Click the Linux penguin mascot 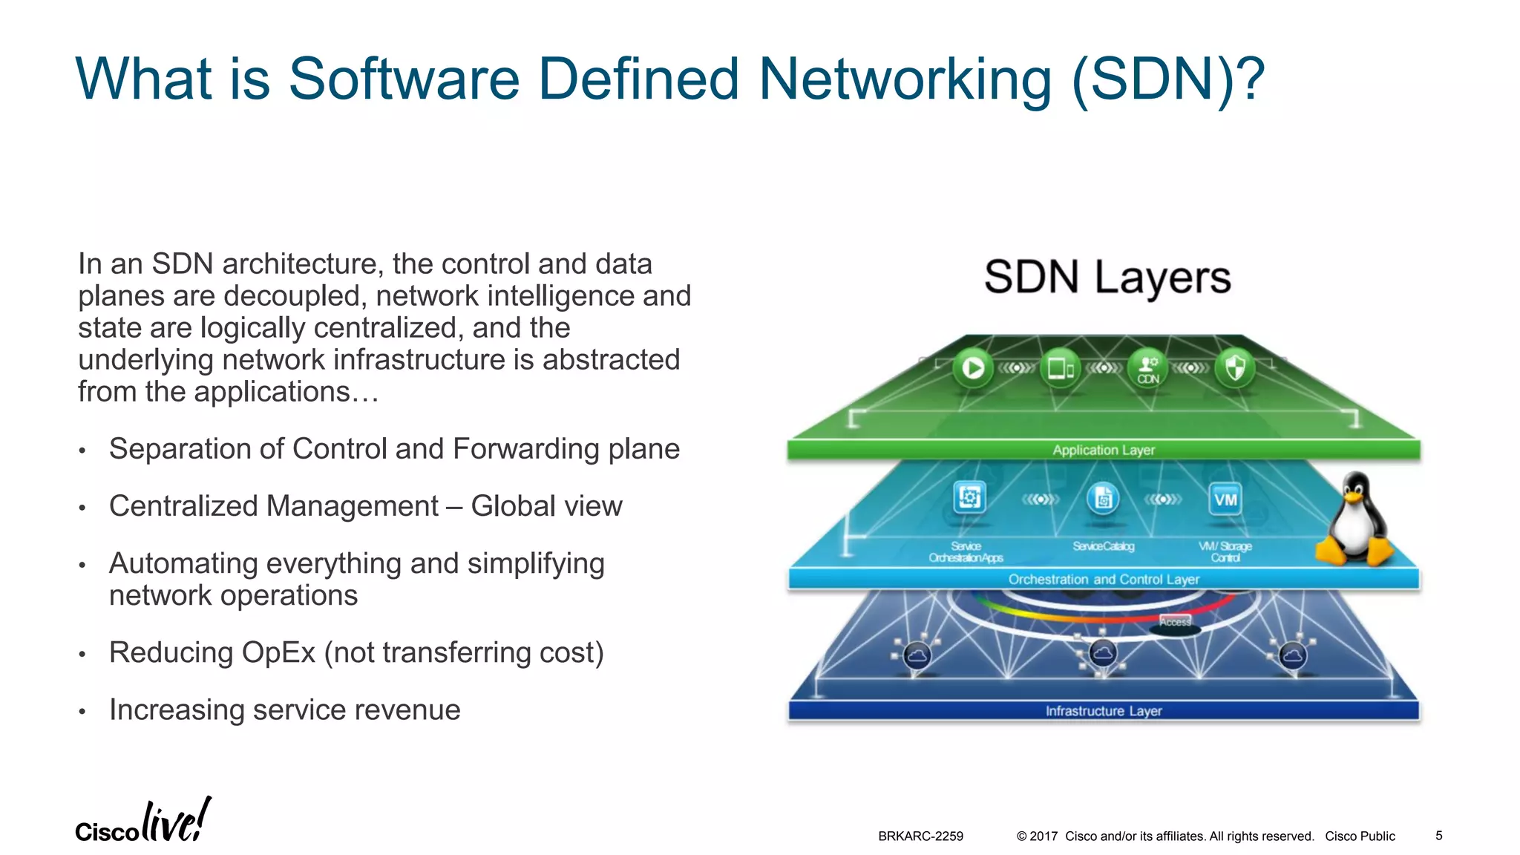[x=1355, y=521]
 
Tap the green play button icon [x=972, y=368]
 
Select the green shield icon [x=1235, y=367]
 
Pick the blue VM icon [x=1225, y=499]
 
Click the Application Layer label [x=1104, y=450]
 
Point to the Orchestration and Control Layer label [x=1104, y=579]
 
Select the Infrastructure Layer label [x=1104, y=711]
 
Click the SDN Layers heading [x=1107, y=278]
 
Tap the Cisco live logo [x=142, y=822]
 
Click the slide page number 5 [x=1438, y=836]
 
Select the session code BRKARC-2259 [x=920, y=836]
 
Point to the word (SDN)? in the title [x=1168, y=79]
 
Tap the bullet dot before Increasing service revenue [x=83, y=712]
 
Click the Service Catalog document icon [x=1103, y=499]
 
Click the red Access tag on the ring [x=1175, y=622]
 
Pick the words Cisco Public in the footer [x=1360, y=836]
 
